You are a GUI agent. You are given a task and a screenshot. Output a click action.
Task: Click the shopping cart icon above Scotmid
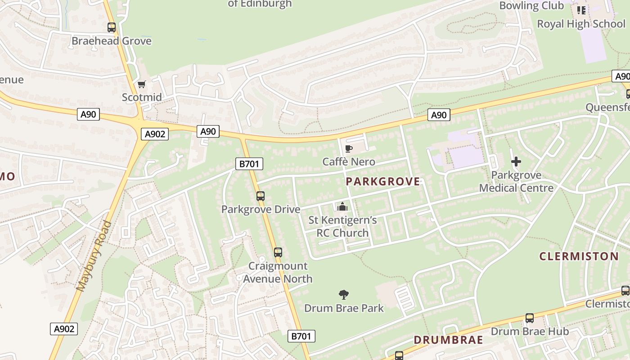[x=142, y=84]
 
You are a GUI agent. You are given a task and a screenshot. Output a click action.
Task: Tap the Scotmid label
[x=142, y=97]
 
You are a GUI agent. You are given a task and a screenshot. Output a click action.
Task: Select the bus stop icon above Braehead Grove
[x=112, y=27]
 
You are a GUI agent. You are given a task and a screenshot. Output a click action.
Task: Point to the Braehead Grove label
[x=112, y=41]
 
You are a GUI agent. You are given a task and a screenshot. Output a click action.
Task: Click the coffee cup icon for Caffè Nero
[x=349, y=148]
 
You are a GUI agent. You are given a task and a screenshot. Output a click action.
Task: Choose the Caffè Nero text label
[x=349, y=162]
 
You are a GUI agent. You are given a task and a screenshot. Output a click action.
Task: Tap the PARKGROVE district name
[x=383, y=182]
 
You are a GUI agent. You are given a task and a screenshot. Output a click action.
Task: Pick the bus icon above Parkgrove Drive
[x=261, y=196]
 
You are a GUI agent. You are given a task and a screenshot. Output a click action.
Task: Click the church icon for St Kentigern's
[x=342, y=207]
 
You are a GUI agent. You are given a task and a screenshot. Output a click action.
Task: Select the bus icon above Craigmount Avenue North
[x=278, y=252]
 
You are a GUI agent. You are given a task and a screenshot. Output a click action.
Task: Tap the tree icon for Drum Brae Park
[x=344, y=295]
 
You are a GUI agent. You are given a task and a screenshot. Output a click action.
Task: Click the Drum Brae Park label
[x=344, y=308]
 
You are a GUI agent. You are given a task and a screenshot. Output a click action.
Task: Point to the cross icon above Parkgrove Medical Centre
[x=516, y=162]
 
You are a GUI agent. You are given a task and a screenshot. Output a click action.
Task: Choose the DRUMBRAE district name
[x=448, y=340]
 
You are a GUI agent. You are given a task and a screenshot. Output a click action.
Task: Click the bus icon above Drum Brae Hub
[x=530, y=318]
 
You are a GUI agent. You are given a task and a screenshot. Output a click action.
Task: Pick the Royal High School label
[x=581, y=24]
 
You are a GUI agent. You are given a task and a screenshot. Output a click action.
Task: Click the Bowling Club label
[x=531, y=6]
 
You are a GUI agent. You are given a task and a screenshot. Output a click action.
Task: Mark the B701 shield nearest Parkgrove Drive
[x=249, y=164]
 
